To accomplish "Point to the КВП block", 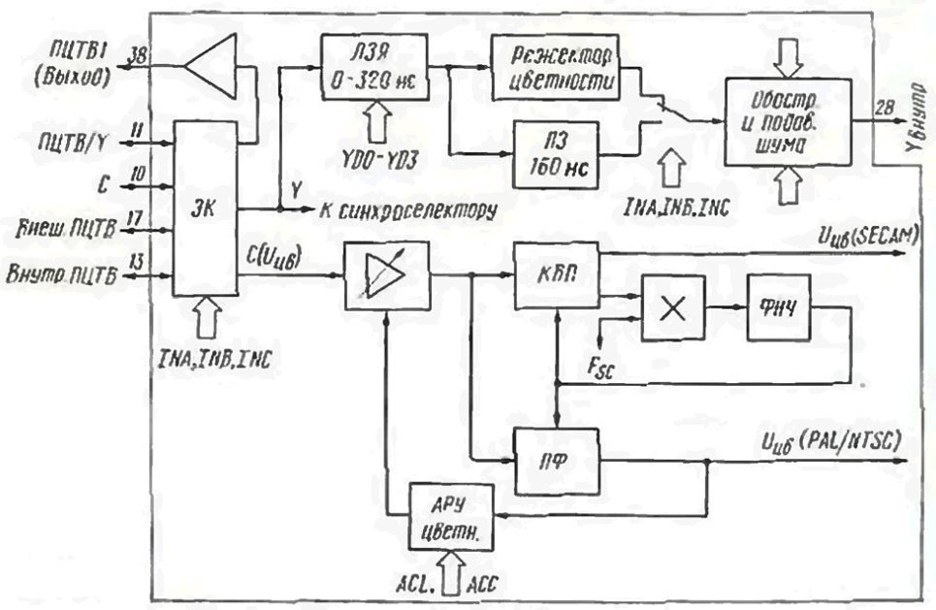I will click(556, 274).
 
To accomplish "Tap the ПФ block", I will click(556, 450).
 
